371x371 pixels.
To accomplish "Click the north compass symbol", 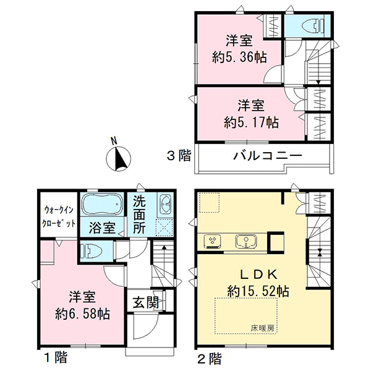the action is pos(118,156).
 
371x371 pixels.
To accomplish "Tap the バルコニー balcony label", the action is pos(268,156).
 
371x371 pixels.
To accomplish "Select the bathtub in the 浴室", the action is pos(102,205).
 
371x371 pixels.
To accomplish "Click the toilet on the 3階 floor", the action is pos(312,25).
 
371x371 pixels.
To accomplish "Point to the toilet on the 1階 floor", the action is pos(92,251).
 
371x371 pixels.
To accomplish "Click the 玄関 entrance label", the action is pos(145,302).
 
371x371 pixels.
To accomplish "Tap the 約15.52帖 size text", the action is pos(258,291).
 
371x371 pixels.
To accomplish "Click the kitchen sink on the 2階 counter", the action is pos(246,242).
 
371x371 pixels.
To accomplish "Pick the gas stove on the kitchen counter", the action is pos(213,241).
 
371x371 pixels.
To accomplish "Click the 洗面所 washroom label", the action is pos(139,215).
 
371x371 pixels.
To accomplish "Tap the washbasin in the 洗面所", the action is pos(165,203).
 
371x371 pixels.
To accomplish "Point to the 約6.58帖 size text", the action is pos(82,314).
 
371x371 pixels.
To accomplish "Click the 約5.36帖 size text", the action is pos(239,58).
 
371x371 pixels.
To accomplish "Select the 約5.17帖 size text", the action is pos(251,122).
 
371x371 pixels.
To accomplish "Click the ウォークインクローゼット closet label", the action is pos(59,216).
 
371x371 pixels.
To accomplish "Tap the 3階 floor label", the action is pos(179,156).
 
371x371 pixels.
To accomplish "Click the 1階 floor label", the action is pos(56,357).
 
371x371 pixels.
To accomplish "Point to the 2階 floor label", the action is pos(210,358).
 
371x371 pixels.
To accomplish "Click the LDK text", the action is pos(258,275).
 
